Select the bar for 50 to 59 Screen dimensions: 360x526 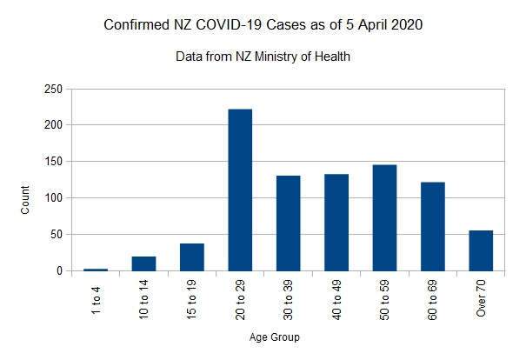click(384, 217)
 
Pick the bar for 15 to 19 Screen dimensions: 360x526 click(192, 257)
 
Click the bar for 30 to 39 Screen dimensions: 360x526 click(288, 223)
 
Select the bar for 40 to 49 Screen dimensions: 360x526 click(336, 222)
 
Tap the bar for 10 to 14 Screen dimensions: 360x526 click(144, 263)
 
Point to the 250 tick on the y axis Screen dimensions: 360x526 click(52, 89)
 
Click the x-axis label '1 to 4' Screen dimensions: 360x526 click(96, 297)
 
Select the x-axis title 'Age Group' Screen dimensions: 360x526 click(287, 338)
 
